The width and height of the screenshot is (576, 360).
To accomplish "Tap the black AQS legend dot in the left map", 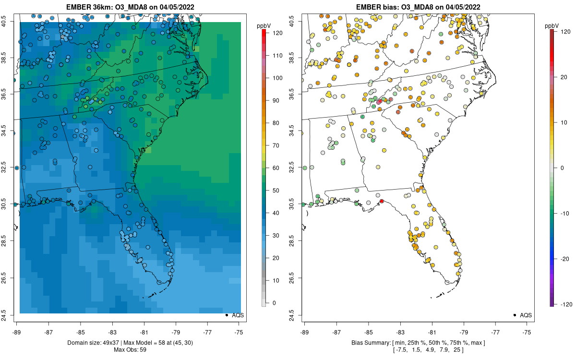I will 226,315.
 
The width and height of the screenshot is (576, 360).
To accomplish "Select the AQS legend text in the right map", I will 526,315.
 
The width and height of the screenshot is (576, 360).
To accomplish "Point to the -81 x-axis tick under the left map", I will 144,331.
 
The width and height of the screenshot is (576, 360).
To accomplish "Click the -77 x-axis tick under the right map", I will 496,331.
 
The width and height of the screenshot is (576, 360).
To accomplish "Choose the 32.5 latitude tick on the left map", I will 10,168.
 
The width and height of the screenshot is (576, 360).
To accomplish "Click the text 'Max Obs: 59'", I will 130,349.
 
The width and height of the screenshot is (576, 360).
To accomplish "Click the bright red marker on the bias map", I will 382,201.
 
